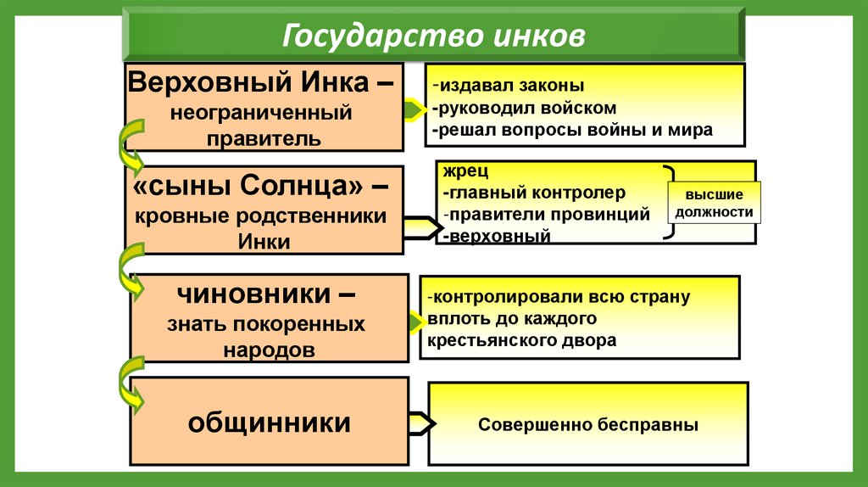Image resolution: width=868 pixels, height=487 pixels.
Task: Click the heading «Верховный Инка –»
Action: click(263, 83)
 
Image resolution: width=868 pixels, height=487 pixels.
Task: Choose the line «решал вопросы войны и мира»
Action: click(572, 131)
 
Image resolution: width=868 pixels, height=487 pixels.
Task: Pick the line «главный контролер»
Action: click(534, 193)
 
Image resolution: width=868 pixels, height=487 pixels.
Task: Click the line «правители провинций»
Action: click(547, 214)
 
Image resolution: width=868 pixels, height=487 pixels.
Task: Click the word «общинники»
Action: click(270, 422)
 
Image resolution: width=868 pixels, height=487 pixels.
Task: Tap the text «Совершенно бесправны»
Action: click(587, 424)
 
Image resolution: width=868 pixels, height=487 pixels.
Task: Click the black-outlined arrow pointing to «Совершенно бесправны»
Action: click(421, 423)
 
